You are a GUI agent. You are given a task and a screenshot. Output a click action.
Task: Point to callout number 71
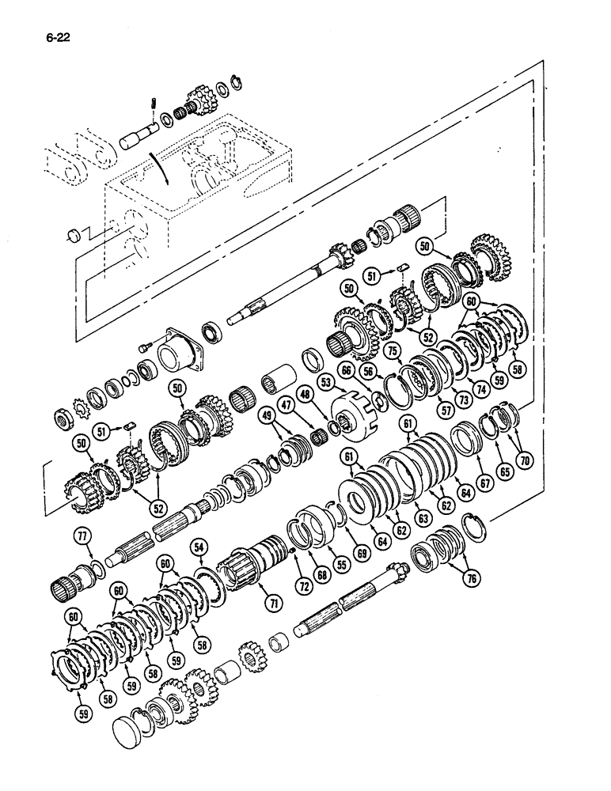(274, 604)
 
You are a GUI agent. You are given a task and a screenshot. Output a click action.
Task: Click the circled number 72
(302, 586)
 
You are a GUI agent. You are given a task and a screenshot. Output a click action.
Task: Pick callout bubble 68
(322, 575)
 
